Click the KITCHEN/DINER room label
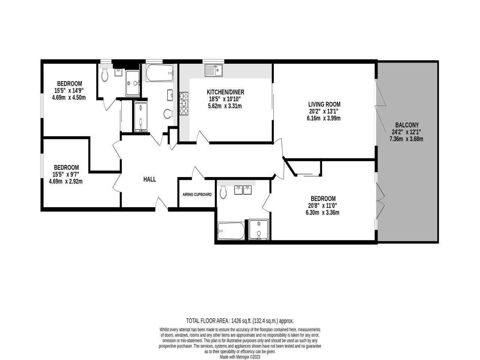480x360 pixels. (225, 92)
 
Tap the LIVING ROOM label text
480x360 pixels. (324, 104)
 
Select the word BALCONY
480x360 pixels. (407, 125)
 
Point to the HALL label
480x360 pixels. (150, 180)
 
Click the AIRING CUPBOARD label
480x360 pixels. (197, 195)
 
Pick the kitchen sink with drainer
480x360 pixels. (214, 70)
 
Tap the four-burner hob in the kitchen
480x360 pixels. (184, 103)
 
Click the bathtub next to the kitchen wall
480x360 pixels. (159, 73)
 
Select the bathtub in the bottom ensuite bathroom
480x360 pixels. (231, 230)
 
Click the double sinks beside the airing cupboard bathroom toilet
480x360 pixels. (242, 190)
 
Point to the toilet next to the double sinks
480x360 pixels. (223, 193)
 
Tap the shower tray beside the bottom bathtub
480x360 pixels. (258, 229)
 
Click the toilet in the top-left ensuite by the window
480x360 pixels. (105, 75)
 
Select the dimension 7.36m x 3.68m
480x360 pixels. (407, 139)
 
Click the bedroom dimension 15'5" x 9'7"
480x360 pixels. (66, 174)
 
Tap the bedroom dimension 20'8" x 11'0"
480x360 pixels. (323, 205)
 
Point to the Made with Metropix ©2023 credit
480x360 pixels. (240, 357)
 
